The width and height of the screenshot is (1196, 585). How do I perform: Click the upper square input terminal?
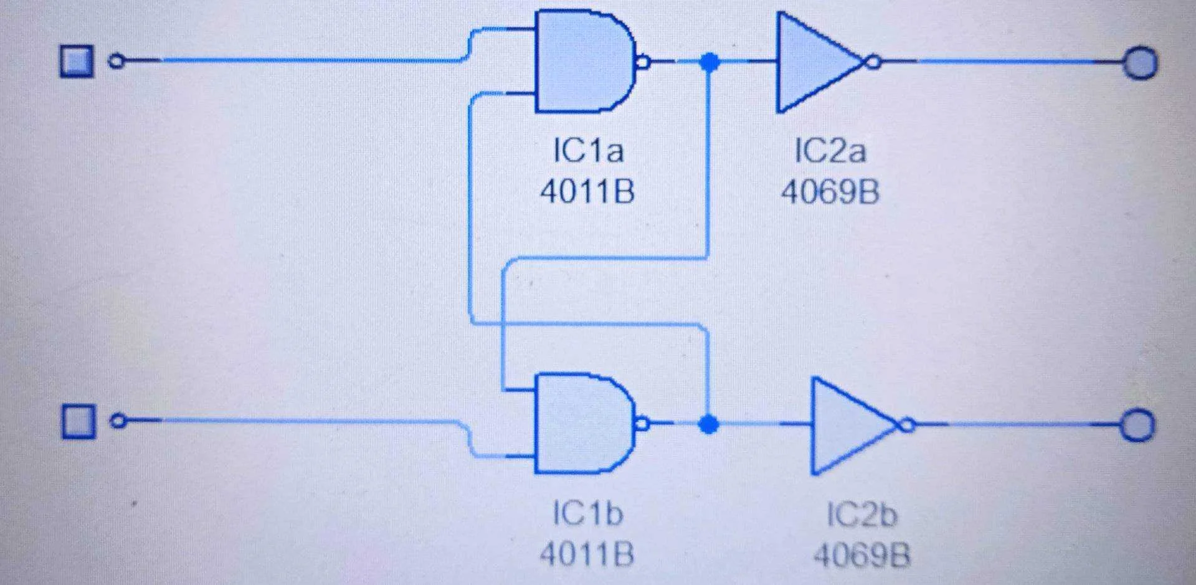pos(77,61)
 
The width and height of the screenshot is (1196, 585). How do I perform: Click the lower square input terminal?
pos(78,421)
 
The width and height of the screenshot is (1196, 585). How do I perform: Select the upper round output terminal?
pos(1140,63)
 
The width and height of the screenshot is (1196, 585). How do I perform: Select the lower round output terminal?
pos(1138,426)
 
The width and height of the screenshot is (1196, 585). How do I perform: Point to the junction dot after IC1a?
pos(709,62)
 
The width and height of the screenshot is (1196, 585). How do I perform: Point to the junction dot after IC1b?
pos(708,424)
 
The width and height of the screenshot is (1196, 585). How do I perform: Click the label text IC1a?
pos(588,151)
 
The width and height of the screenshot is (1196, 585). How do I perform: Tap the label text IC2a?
pos(830,151)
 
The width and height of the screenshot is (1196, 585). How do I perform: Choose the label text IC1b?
pos(587,513)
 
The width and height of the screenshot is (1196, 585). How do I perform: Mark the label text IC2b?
pos(861,515)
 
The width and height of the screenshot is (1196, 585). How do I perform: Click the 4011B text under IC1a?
pos(587,191)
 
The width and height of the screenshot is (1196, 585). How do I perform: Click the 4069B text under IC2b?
pos(861,554)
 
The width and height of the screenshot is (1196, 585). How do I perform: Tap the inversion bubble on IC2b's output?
pos(908,426)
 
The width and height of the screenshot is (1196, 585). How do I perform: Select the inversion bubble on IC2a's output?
pos(873,62)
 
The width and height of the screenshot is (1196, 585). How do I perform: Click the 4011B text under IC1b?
pos(587,554)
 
